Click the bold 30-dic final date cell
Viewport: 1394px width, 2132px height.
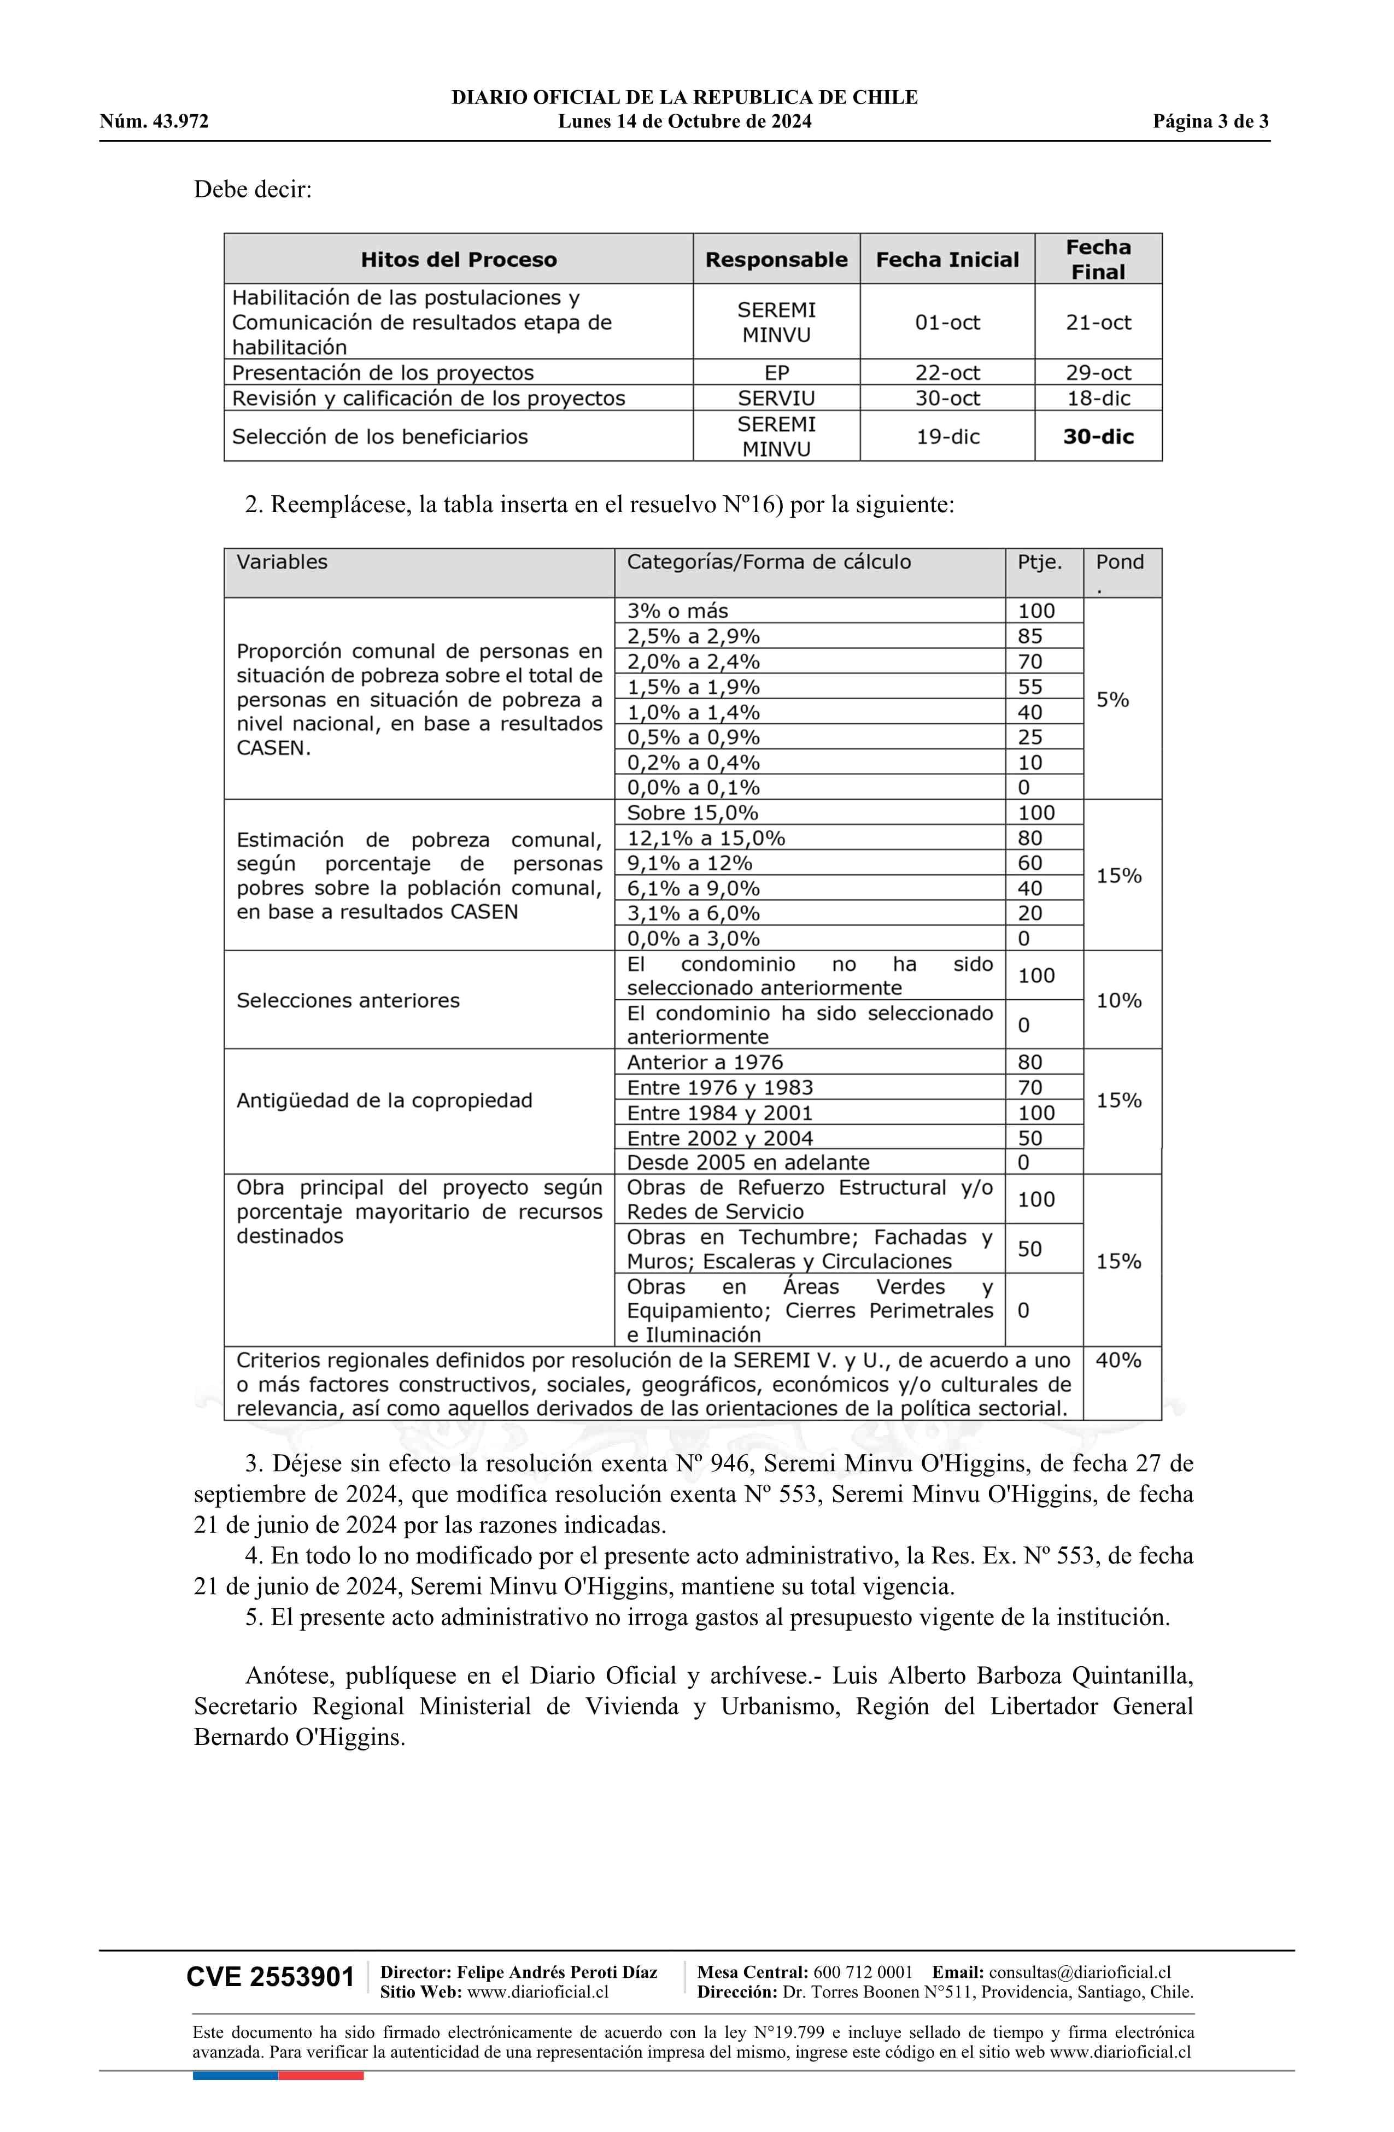(1098, 436)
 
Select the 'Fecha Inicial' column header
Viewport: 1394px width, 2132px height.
(947, 260)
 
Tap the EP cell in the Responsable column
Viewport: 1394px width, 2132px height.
(776, 373)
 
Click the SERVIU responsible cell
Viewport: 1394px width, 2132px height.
(776, 398)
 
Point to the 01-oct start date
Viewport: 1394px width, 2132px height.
(947, 323)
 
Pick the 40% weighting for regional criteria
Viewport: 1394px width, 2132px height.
(1118, 1360)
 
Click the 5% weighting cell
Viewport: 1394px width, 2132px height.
(1112, 700)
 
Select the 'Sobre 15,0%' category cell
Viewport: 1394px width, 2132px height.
(693, 812)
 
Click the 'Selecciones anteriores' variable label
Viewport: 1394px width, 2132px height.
(348, 1000)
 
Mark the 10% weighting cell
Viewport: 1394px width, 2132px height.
(1118, 1000)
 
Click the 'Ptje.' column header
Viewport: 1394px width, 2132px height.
(1039, 561)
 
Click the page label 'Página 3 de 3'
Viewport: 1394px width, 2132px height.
(1210, 122)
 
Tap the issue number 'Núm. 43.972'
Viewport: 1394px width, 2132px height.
(154, 122)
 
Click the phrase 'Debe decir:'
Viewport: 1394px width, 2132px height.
(253, 189)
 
